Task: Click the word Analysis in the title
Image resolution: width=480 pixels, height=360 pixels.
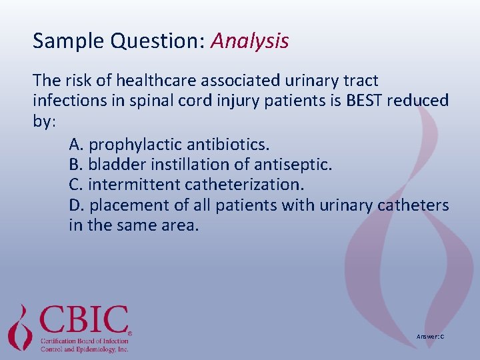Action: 250,41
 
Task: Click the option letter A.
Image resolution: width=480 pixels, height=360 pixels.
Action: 75,144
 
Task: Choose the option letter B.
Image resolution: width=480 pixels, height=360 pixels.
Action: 75,164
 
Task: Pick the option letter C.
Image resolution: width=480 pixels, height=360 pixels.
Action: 75,184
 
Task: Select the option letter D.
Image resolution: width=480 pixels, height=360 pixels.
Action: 75,205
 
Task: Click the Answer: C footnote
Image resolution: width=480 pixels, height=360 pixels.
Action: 430,337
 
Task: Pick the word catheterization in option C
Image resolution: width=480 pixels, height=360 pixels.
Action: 235,184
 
